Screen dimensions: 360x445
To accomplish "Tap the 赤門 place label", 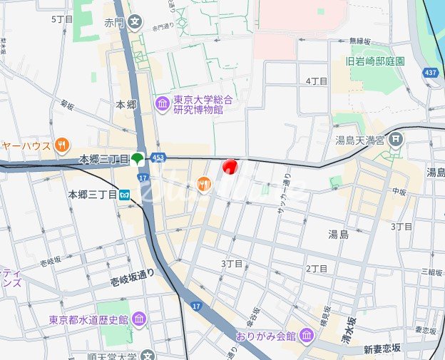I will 114,22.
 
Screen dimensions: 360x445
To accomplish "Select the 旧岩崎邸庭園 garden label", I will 375,61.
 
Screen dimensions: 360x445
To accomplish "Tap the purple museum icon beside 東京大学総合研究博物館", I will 162,105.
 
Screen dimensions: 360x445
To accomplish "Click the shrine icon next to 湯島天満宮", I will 397,140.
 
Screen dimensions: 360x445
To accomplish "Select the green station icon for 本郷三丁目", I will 138,158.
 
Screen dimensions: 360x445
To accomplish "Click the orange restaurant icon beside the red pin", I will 203,185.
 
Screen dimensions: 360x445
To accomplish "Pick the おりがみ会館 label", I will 266,335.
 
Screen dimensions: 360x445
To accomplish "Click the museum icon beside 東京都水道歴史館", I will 138,319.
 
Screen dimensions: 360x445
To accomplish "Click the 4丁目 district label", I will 316,81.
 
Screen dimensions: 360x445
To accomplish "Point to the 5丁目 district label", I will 62,19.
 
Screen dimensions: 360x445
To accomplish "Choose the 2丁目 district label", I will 316,268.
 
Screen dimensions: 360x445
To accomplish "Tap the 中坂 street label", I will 398,191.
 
